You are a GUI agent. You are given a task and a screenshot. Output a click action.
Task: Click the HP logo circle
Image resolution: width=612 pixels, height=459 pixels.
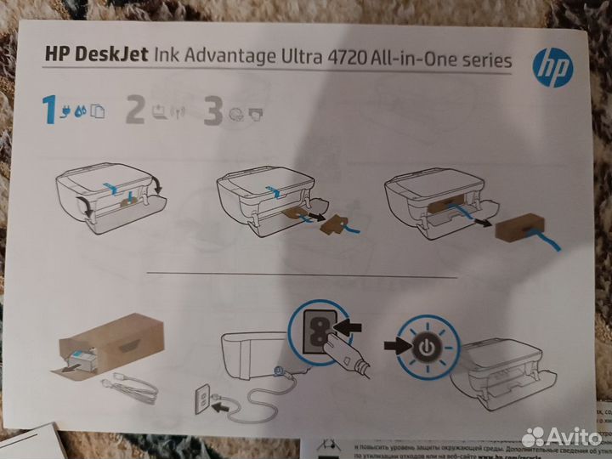click(552, 67)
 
